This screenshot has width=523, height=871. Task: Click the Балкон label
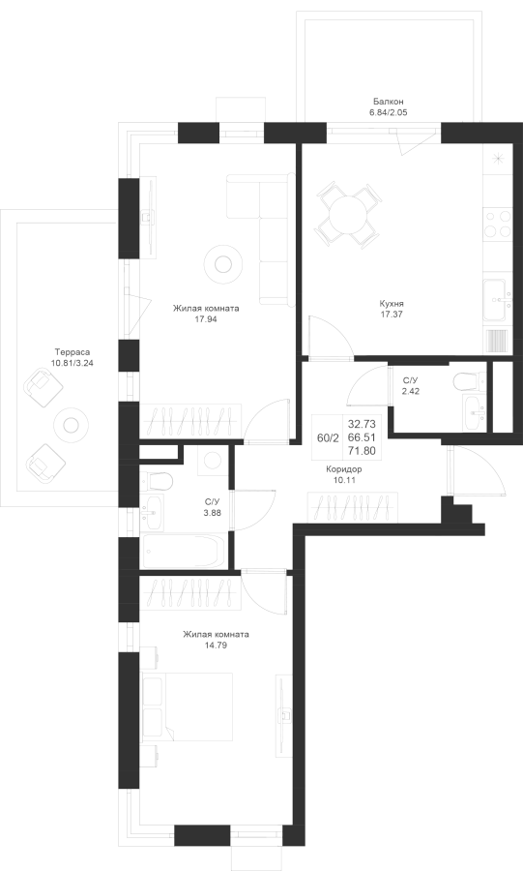pos(388,102)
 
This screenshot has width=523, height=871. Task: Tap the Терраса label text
pos(73,351)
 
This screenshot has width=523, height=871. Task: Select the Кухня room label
pos(391,304)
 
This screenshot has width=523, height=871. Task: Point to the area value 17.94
pos(205,318)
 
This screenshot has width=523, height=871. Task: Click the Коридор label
pos(344,468)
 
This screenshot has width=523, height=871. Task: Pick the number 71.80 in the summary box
pos(362,450)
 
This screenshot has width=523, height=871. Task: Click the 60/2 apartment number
pos(327,437)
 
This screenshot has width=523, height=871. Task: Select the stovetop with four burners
pos(498,225)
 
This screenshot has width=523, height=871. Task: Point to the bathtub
pos(184,551)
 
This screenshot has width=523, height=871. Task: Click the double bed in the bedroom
pos(187,706)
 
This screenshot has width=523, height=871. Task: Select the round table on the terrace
pos(71,425)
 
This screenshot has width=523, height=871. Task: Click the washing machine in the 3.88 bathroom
pos(212,461)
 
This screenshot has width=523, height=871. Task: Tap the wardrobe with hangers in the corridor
pos(353,507)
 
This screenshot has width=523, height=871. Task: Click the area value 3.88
pos(213,513)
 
